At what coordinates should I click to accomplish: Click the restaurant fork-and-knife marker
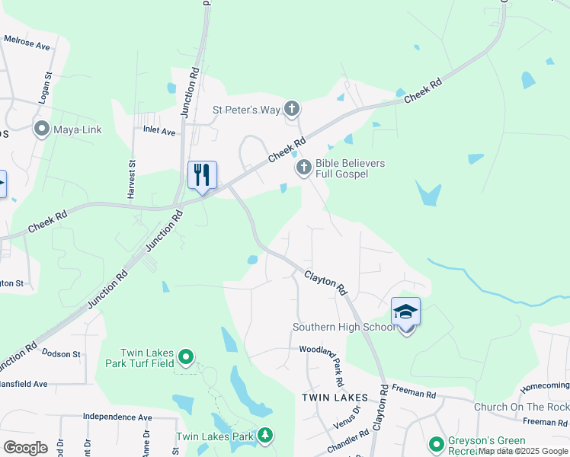click(x=202, y=175)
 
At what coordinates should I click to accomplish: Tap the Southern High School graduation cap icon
click(x=405, y=312)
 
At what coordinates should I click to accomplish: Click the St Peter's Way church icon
click(x=292, y=110)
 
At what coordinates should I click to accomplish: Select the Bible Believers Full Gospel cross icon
click(x=303, y=168)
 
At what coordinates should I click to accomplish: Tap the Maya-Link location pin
click(x=41, y=129)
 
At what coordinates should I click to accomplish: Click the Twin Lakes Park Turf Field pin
click(x=185, y=356)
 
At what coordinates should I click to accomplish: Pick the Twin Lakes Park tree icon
click(x=265, y=436)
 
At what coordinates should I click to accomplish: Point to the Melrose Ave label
click(x=27, y=42)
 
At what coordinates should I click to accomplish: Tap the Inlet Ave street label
click(x=159, y=131)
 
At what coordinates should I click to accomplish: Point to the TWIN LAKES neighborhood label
click(x=335, y=398)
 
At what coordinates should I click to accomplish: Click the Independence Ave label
click(x=117, y=417)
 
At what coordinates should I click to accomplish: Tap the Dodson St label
click(x=61, y=354)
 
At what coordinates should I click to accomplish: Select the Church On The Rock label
click(x=521, y=407)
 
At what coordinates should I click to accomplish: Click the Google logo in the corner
click(x=25, y=447)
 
